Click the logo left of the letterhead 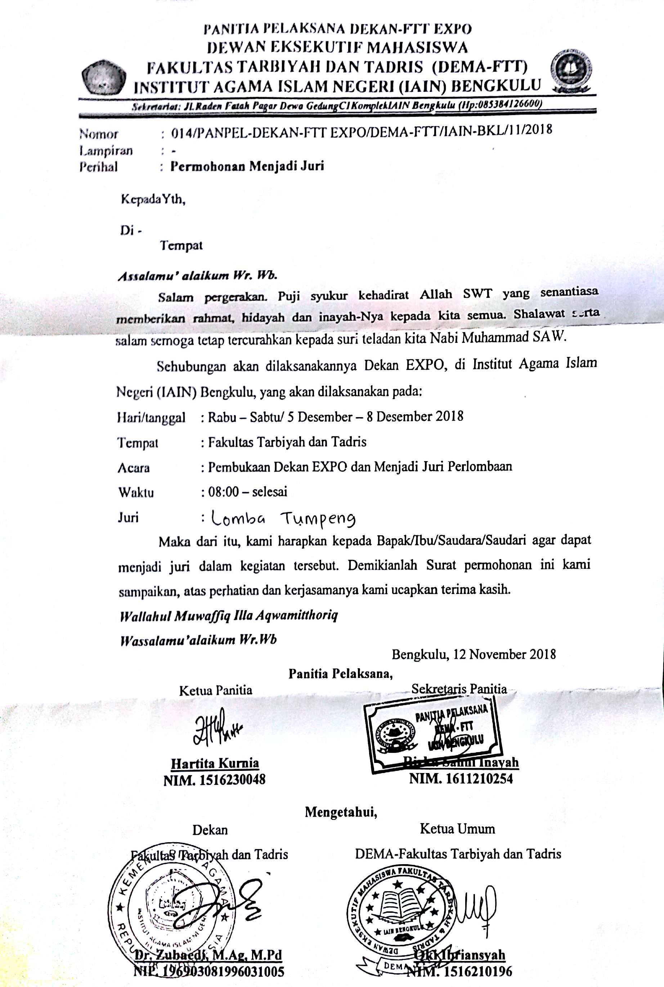(x=104, y=79)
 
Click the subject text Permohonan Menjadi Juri (x=247, y=166)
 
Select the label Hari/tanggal (x=151, y=418)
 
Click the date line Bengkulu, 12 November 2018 (x=474, y=655)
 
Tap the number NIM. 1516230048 (x=214, y=780)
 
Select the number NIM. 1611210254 (x=461, y=778)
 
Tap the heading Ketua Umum (x=457, y=829)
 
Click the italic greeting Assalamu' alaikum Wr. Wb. (x=197, y=276)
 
